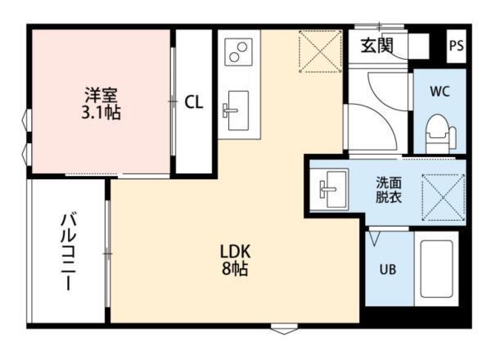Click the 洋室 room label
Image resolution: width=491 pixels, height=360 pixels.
[101, 93]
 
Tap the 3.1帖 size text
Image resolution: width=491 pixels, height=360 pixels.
[101, 112]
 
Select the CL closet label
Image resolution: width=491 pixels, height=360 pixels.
[194, 102]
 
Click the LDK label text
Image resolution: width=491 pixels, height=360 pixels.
[234, 250]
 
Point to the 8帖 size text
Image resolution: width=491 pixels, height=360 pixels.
[234, 268]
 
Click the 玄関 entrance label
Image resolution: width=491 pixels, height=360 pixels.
[376, 46]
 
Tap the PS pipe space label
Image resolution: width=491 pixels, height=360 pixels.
[456, 46]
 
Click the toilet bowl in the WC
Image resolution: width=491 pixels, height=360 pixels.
[439, 130]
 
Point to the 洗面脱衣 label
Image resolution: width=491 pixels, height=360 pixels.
[388, 189]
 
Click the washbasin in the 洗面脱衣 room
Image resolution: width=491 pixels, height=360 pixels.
[331, 189]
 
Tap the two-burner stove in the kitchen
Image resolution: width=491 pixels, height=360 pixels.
[238, 52]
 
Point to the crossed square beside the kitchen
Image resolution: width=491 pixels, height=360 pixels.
[320, 51]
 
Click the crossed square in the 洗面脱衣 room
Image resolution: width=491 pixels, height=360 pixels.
[442, 198]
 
